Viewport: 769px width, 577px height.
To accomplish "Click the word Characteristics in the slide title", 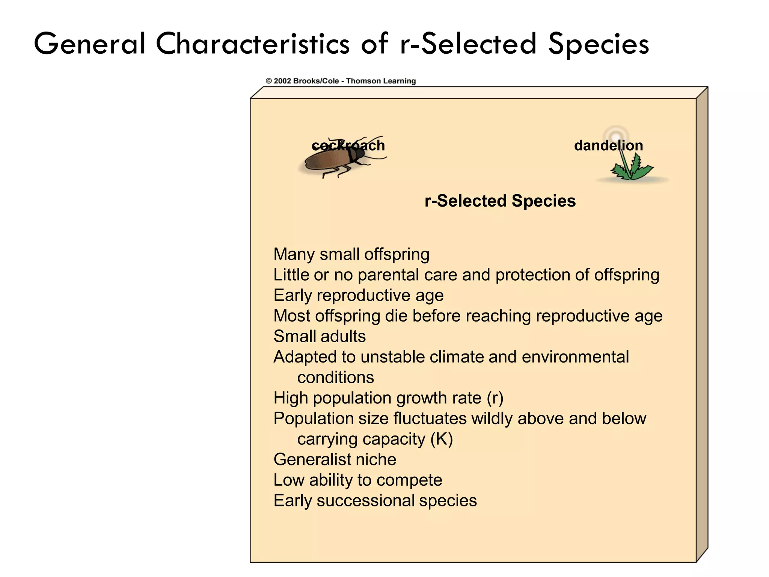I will [252, 44].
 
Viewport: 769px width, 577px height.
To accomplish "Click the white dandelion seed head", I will [616, 134].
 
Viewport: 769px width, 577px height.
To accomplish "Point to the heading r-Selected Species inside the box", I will [500, 201].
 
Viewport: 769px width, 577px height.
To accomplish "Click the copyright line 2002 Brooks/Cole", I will [341, 81].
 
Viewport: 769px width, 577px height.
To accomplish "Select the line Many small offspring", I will [351, 254].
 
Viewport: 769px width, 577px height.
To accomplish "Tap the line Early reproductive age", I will [358, 295].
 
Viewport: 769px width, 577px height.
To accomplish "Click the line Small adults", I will [319, 336].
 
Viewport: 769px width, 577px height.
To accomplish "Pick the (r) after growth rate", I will [495, 398].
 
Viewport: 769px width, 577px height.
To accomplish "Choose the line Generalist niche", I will [335, 459].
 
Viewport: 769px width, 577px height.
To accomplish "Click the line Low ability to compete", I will [357, 480].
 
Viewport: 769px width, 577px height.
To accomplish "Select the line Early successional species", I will [375, 501].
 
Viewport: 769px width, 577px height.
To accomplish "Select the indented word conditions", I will [335, 378].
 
